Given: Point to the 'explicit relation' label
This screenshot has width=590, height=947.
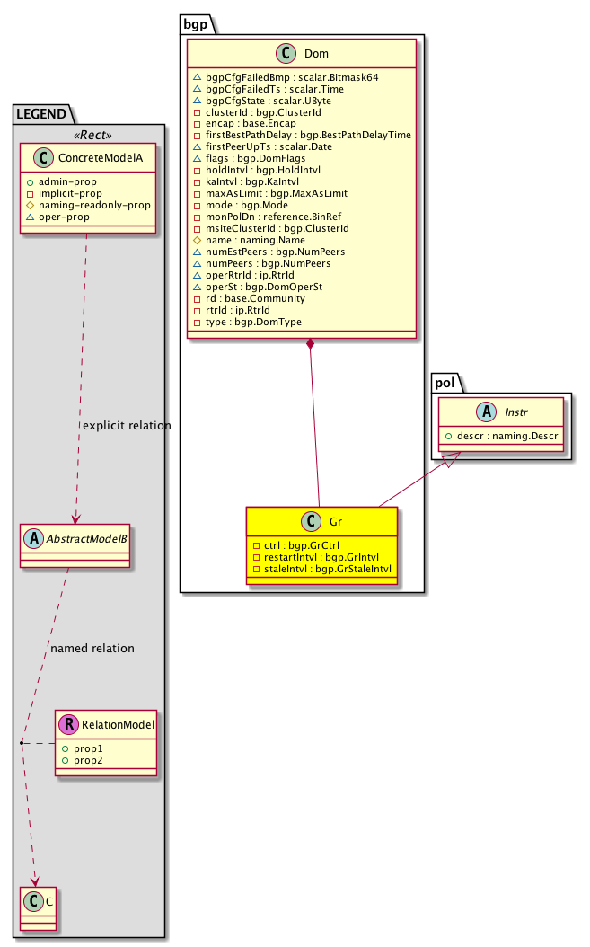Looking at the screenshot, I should coord(126,425).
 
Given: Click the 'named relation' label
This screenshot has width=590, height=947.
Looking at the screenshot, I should coord(92,649).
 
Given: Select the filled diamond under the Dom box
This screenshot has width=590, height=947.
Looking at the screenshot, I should coord(310,345).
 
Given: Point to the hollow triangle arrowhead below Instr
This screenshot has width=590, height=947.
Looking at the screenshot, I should coord(451,459).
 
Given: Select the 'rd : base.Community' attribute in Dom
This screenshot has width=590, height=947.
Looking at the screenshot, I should coord(254,298).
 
